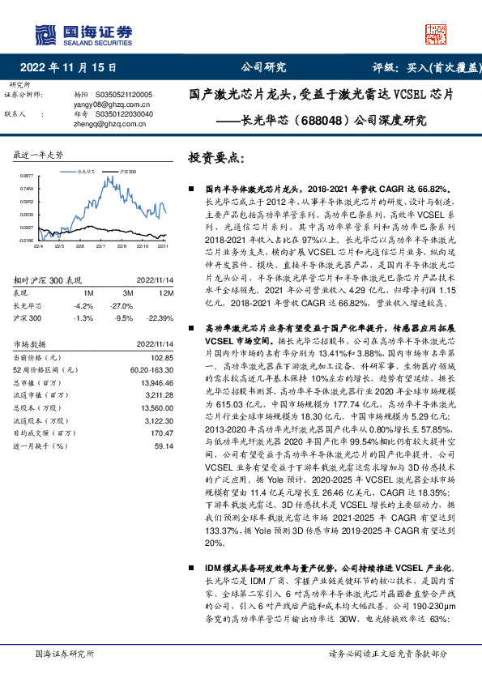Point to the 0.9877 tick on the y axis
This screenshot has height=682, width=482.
tap(27, 175)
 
